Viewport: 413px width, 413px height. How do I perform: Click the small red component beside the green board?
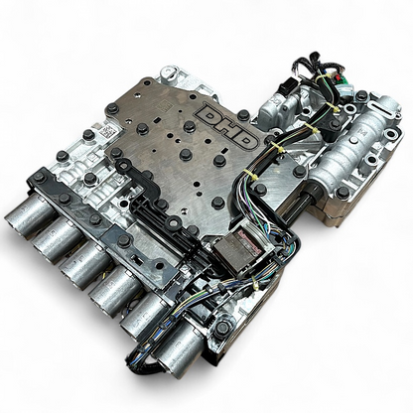coord(337,77)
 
